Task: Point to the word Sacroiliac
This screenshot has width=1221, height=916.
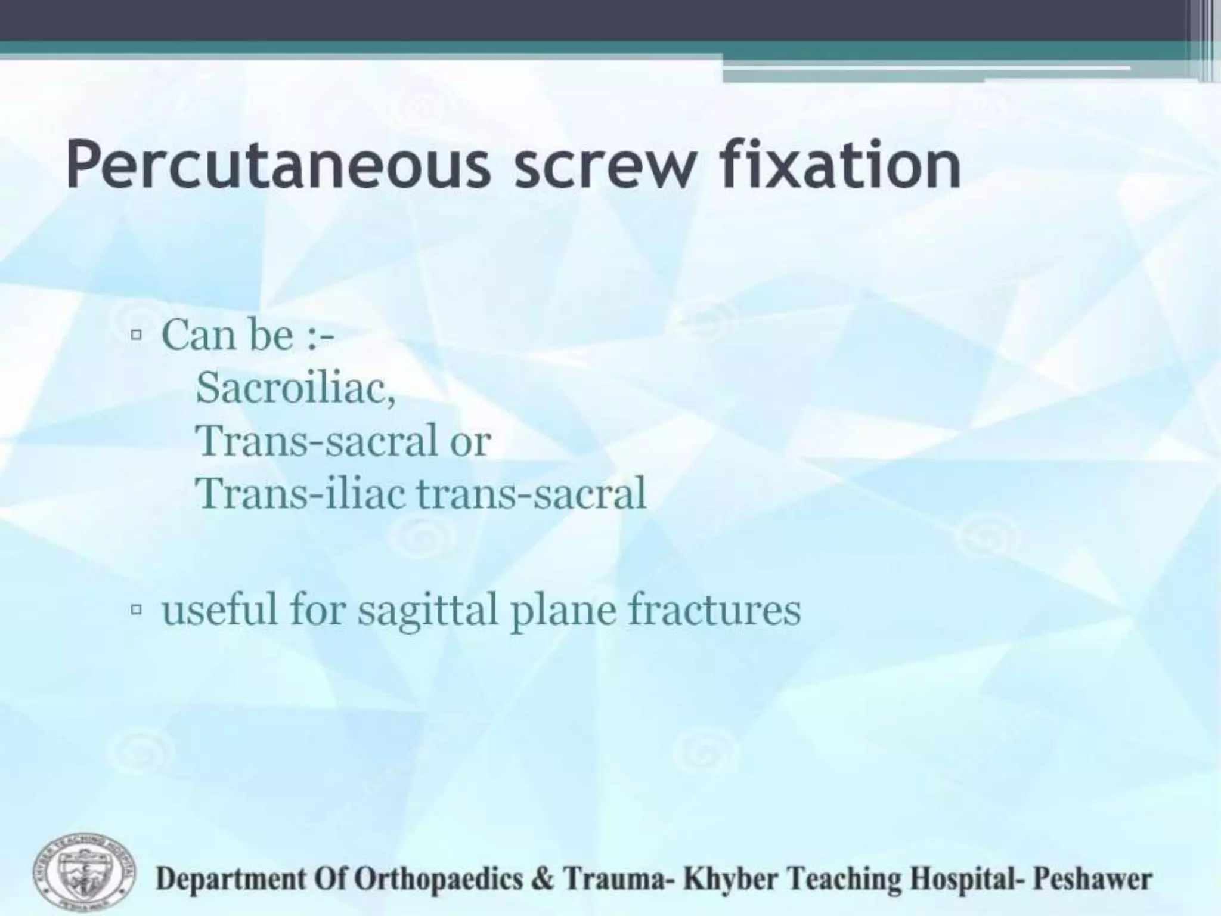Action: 296,387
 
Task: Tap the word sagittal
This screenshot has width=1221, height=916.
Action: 427,611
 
